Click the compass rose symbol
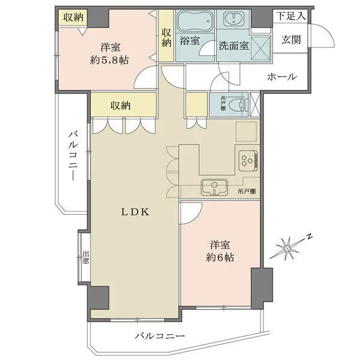pyautogui.click(x=290, y=246)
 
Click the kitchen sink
pyautogui.click(x=212, y=187)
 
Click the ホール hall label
pyautogui.click(x=281, y=76)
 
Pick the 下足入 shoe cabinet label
pyautogui.click(x=290, y=16)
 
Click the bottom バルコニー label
pyautogui.click(x=159, y=337)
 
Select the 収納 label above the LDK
pyautogui.click(x=121, y=106)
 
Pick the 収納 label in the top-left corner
pyautogui.click(x=74, y=17)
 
